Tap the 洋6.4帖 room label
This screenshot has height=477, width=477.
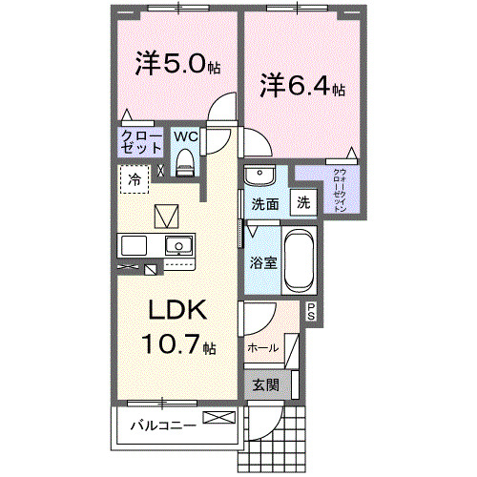pos(303,86)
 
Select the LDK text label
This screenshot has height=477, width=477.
pos(176,312)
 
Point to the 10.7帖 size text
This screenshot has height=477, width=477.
pos(176,344)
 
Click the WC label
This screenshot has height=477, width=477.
pos(185,135)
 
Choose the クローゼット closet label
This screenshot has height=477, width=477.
pos(140,143)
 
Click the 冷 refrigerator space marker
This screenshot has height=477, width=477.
pos(135,178)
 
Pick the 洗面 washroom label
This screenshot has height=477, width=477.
pos(264,204)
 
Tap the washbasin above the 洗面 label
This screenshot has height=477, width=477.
pos(259,176)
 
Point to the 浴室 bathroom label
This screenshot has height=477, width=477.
pos(264,262)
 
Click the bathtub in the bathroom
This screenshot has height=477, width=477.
pos(300,259)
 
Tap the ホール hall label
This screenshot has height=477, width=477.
pos(262,348)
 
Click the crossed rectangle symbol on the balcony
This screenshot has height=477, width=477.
pos(217,418)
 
